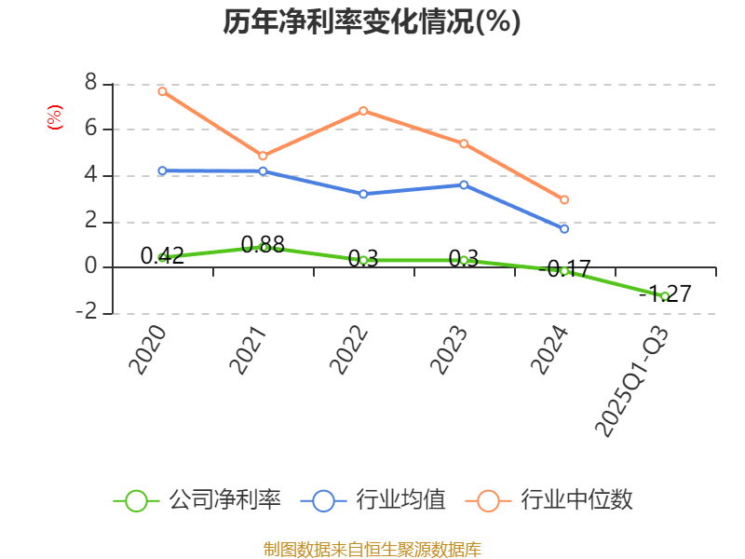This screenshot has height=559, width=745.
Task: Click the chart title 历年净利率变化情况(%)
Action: pos(372,21)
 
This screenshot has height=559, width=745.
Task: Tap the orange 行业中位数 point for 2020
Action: pos(162,91)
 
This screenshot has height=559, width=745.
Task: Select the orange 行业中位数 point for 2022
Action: pos(363,111)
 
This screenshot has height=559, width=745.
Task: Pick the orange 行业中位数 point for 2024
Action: pos(564,199)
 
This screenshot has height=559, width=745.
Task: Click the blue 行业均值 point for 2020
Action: pos(162,170)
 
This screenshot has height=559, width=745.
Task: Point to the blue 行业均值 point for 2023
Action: pos(464,184)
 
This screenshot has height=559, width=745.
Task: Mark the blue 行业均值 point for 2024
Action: pos(564,228)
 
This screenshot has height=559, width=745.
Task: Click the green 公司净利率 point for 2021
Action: pos(264,247)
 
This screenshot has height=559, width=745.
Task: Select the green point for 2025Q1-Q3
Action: pos(664,296)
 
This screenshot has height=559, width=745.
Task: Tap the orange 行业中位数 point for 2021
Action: pos(263,156)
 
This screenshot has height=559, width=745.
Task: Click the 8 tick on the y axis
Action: pos(90,83)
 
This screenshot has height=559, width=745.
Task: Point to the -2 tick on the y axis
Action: pos(87,312)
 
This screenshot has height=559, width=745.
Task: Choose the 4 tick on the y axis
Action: pos(90,174)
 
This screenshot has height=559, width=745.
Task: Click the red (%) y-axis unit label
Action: pos(55,117)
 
